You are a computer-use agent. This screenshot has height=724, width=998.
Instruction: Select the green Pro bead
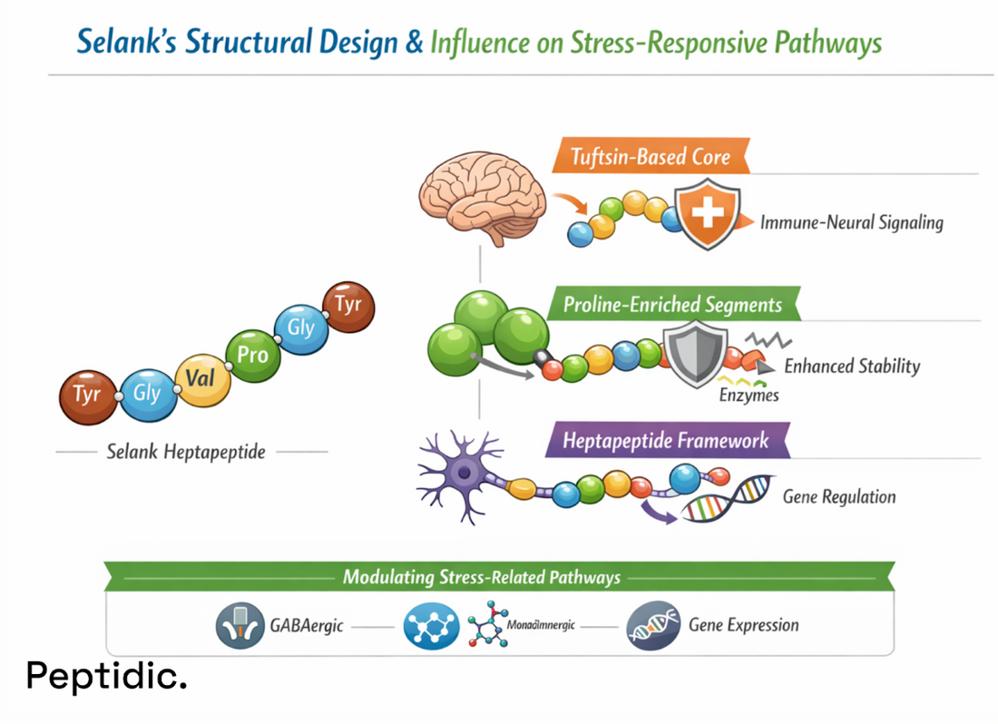(252, 354)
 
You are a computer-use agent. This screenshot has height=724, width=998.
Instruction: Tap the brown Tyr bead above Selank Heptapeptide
(88, 396)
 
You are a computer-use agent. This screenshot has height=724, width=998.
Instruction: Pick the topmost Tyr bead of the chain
(348, 306)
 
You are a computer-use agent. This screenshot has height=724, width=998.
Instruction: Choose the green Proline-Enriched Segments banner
(672, 304)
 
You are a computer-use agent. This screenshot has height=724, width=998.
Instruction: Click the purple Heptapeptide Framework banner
(666, 442)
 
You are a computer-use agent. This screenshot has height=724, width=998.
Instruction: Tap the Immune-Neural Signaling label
(851, 222)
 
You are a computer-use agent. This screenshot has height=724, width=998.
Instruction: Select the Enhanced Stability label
(851, 367)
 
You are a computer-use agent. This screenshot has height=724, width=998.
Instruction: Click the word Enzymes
(748, 396)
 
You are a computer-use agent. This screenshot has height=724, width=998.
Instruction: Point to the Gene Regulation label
(838, 496)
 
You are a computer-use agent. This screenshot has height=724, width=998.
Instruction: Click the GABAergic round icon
(240, 626)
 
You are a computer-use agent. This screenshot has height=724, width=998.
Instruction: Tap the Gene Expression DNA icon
(653, 626)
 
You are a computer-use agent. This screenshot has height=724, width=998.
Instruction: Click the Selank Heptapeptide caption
(186, 451)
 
